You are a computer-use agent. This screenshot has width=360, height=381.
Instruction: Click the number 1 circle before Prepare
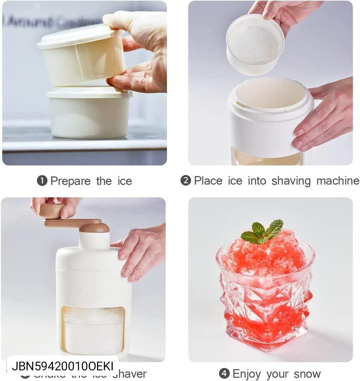42,181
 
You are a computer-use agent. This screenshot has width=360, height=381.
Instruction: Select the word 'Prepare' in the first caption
70,181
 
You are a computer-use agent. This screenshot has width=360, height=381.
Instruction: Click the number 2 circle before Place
186,181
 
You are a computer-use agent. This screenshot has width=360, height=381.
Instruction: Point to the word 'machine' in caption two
338,181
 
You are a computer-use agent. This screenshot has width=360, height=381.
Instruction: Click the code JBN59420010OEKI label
62,366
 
